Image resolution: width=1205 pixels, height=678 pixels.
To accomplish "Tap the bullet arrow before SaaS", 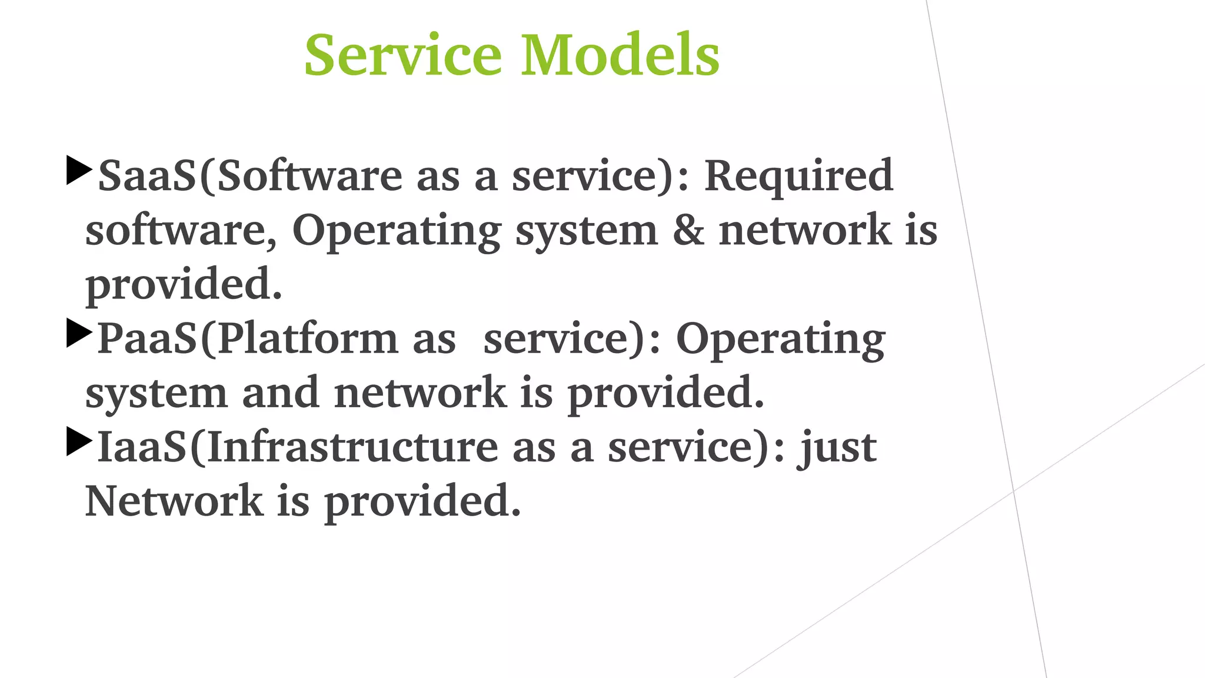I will click(x=79, y=171).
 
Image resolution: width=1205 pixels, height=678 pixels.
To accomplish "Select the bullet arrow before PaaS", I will click(x=79, y=333).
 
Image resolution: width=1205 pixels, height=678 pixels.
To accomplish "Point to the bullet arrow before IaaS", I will click(x=79, y=441).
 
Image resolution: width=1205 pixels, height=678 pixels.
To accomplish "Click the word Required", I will click(x=798, y=176).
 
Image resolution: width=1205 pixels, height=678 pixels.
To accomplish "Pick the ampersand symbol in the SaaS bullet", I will click(x=688, y=230).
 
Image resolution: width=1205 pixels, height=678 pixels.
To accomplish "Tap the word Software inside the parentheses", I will click(x=309, y=176).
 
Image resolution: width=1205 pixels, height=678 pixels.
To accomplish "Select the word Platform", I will click(x=308, y=339).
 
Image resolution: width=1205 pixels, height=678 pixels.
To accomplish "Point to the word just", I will click(x=837, y=448).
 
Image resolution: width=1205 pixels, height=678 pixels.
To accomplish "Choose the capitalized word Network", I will click(x=174, y=501).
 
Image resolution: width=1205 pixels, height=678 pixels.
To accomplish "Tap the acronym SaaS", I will click(x=147, y=176).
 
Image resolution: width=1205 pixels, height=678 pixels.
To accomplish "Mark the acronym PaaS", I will click(x=147, y=339).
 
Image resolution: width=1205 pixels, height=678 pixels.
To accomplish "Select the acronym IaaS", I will click(x=142, y=447).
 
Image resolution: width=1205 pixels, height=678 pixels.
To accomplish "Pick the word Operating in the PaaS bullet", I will click(x=780, y=340).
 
